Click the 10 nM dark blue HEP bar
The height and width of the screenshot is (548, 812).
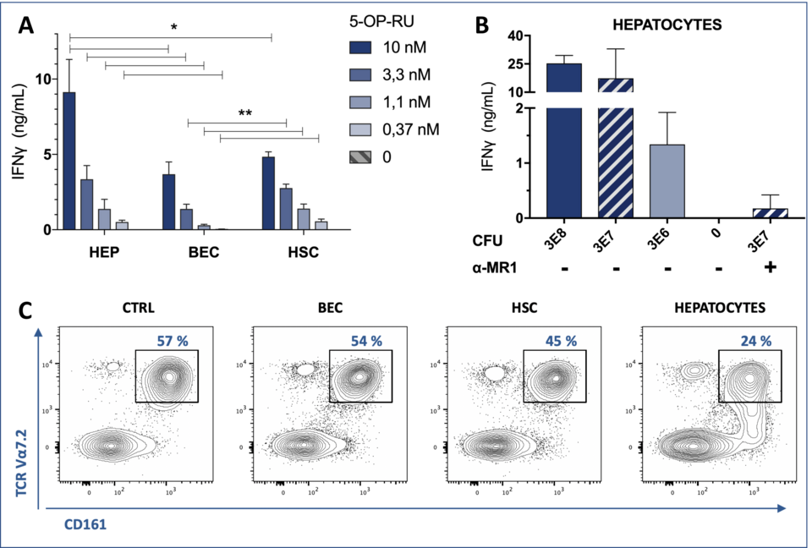69,161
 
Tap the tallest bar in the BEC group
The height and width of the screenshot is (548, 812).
168,201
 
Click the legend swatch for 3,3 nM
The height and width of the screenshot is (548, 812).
361,75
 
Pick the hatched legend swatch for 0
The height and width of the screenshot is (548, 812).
361,156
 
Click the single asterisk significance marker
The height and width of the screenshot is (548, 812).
173,28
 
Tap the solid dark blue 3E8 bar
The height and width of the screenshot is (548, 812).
564,140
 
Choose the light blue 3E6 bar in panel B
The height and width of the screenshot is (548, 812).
667,181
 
